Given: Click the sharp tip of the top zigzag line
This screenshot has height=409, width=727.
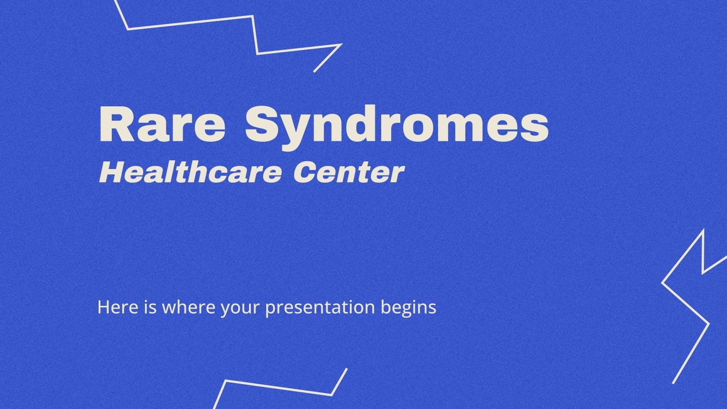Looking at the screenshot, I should (341, 45).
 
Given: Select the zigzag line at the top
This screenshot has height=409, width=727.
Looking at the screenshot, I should (191, 23).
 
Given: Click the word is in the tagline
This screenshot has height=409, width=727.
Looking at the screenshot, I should (146, 308).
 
